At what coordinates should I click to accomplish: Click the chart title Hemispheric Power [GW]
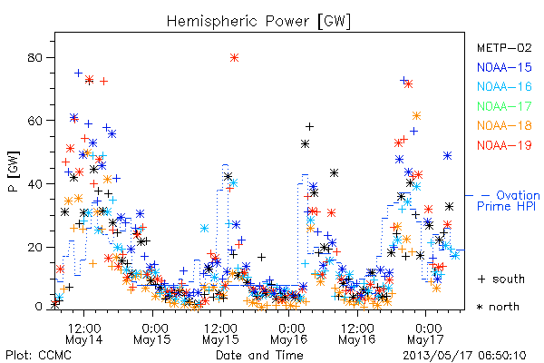pyautogui.click(x=258, y=21)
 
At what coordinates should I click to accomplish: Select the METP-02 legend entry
pyautogui.click(x=504, y=47)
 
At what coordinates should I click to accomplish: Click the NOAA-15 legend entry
pyautogui.click(x=504, y=66)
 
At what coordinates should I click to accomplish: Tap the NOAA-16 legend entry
pyautogui.click(x=504, y=86)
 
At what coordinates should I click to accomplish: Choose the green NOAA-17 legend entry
pyautogui.click(x=504, y=105)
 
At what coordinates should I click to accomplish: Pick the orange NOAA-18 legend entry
pyautogui.click(x=504, y=125)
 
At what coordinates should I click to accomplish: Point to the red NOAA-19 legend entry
pyautogui.click(x=504, y=145)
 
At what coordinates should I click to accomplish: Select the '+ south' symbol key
pyautogui.click(x=501, y=279)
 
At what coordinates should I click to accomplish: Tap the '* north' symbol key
pyautogui.click(x=499, y=307)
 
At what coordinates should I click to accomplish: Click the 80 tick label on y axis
pyautogui.click(x=34, y=57)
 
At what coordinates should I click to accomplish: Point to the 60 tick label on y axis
pyautogui.click(x=34, y=121)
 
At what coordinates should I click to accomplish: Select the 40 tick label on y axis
pyautogui.click(x=34, y=183)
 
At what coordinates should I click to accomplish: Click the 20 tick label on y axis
pyautogui.click(x=34, y=247)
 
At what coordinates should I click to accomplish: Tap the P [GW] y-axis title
pyautogui.click(x=15, y=171)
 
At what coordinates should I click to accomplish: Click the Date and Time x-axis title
pyautogui.click(x=259, y=355)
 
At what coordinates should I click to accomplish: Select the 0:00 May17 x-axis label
pyautogui.click(x=425, y=333)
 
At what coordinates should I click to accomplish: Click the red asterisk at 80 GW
pyautogui.click(x=234, y=58)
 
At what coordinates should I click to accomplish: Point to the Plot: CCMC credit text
pyautogui.click(x=38, y=355)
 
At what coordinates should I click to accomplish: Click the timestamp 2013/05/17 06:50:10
pyautogui.click(x=464, y=355)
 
